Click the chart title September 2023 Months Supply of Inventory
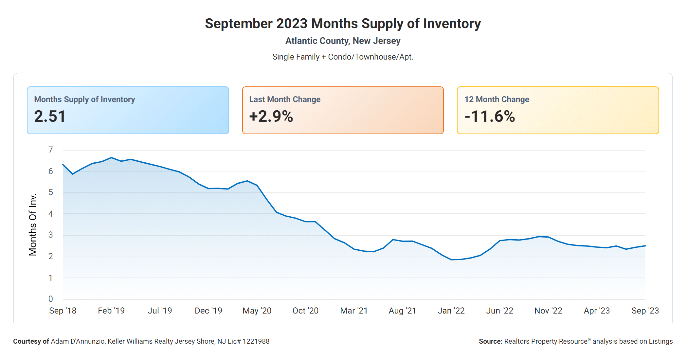[343, 24]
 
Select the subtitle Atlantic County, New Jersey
[343, 41]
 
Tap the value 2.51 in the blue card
[50, 117]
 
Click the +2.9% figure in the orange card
[271, 117]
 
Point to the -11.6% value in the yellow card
[490, 117]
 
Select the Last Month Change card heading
[285, 99]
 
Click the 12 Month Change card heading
[496, 99]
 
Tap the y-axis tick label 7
[50, 150]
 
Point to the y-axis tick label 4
[50, 214]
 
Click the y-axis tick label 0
[50, 299]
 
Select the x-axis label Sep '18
[63, 311]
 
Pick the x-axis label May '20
[257, 311]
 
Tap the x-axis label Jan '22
[451, 311]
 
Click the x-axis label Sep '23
[645, 311]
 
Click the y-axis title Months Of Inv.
[33, 225]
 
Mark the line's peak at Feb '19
[111, 157]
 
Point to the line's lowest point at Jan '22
[451, 260]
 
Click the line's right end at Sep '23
[645, 246]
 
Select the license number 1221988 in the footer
[256, 341]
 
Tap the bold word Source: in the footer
[490, 341]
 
